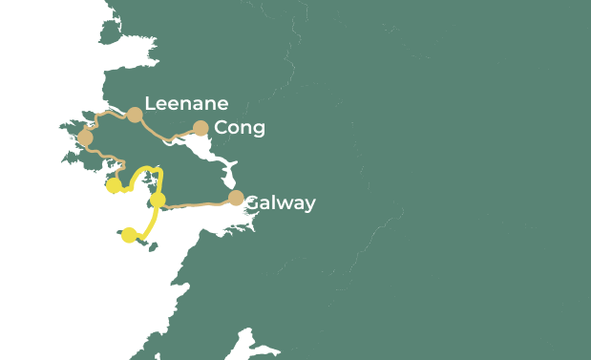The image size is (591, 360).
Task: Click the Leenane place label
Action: [x=186, y=104]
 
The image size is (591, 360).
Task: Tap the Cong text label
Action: [x=240, y=128]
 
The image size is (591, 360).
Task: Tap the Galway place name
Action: [x=280, y=203]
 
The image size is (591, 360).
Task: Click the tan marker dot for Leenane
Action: [x=135, y=115]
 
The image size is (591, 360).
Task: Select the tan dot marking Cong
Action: [x=201, y=128]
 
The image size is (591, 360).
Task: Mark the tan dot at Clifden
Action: [x=85, y=138]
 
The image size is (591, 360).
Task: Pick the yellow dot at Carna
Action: [x=113, y=185]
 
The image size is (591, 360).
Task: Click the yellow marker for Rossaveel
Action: [x=158, y=200]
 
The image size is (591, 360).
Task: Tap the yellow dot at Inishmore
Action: [x=129, y=235]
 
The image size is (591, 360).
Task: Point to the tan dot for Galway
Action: [x=236, y=199]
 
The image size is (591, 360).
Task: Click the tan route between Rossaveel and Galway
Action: [x=196, y=203]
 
